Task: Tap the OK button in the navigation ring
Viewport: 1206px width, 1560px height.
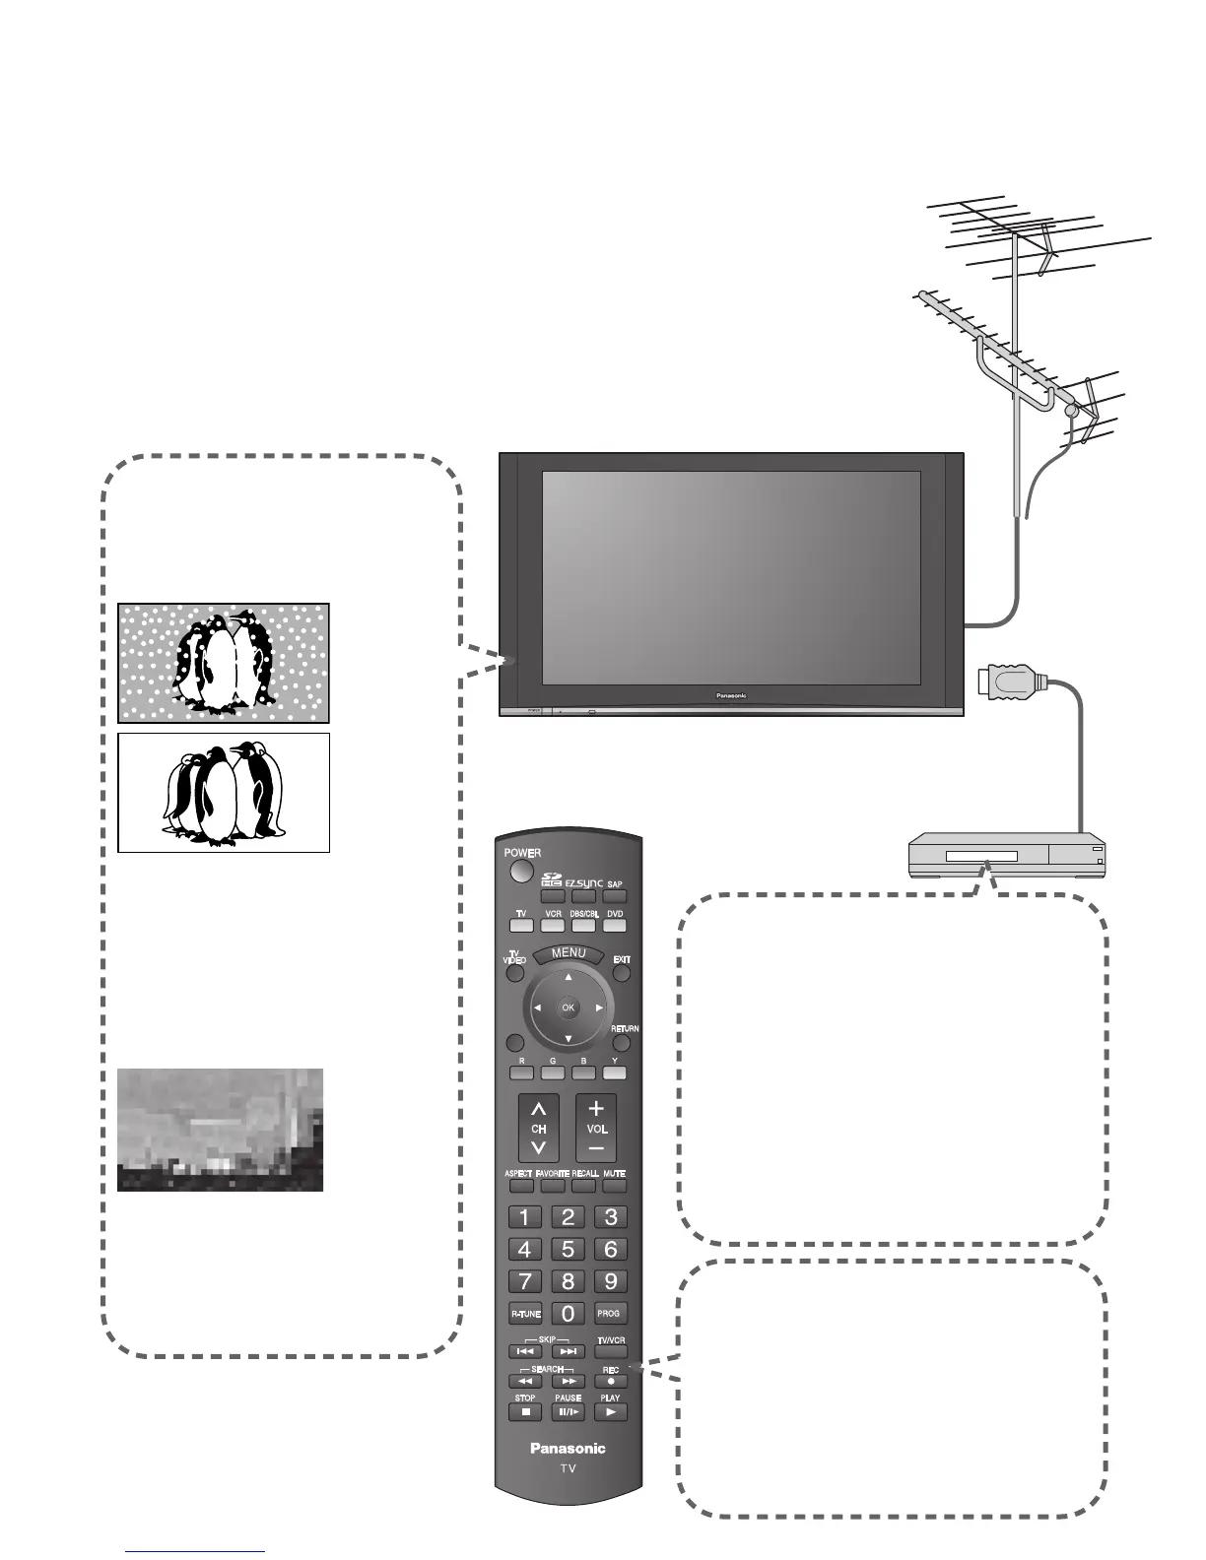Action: (x=568, y=1007)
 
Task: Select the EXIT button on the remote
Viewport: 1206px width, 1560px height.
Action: (x=622, y=973)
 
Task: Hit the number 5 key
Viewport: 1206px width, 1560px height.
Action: (x=568, y=1249)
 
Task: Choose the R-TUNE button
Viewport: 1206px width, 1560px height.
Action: (x=525, y=1314)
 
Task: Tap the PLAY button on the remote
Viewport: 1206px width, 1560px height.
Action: (x=611, y=1411)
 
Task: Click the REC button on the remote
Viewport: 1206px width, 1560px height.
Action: (x=611, y=1381)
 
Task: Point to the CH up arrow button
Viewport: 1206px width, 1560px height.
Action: (x=539, y=1110)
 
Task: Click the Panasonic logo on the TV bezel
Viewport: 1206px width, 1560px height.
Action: (x=731, y=695)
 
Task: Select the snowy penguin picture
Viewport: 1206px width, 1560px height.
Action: (x=224, y=663)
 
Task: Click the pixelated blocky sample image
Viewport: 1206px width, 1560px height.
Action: (x=220, y=1130)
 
